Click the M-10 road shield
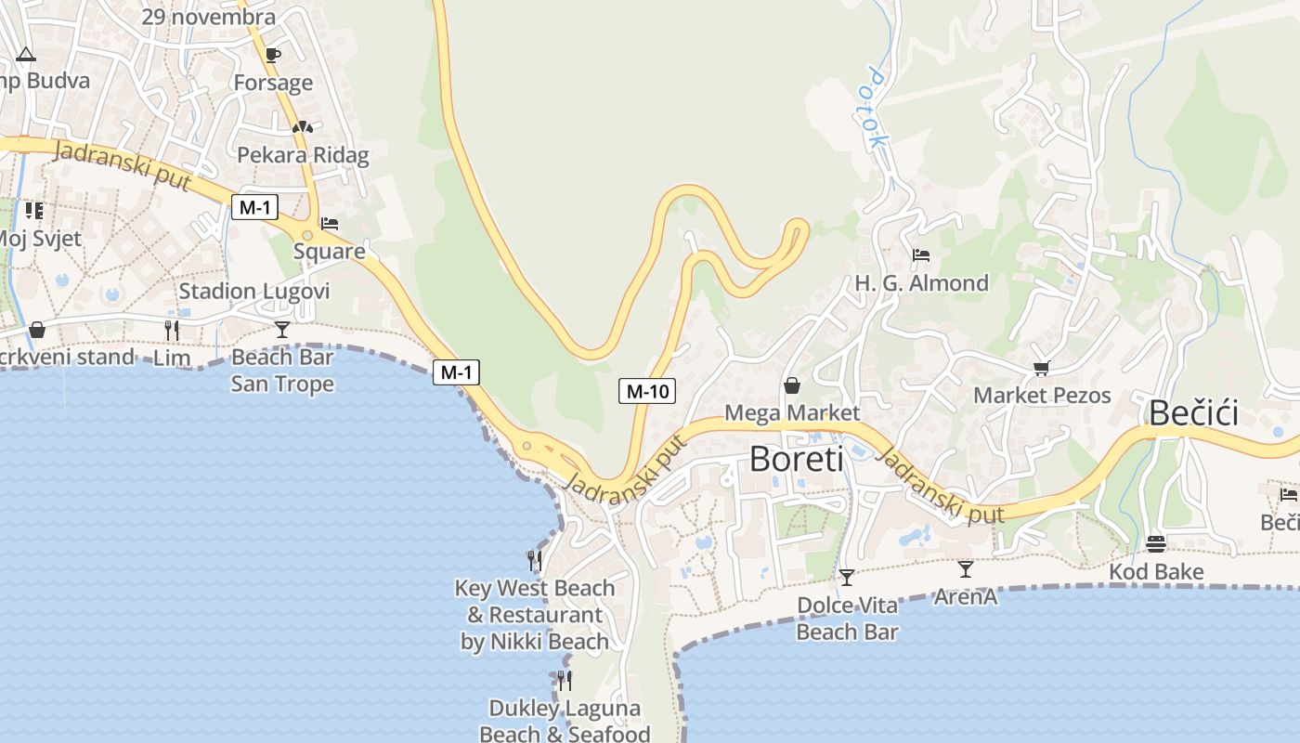[647, 391]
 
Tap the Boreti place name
[796, 459]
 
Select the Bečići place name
[1193, 412]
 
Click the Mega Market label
[792, 411]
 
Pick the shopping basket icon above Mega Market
[792, 385]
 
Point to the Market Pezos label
[1042, 395]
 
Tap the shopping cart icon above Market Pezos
[1041, 369]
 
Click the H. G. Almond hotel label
[921, 282]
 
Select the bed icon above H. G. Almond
[921, 255]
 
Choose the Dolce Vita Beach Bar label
[847, 619]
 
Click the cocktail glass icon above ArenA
[966, 568]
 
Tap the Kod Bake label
[1156, 571]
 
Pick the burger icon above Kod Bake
[1156, 543]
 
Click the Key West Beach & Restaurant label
[535, 614]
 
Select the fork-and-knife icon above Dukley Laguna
[564, 681]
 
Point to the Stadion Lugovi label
[253, 291]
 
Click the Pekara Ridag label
[303, 154]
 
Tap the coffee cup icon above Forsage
[273, 55]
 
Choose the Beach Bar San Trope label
[282, 370]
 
